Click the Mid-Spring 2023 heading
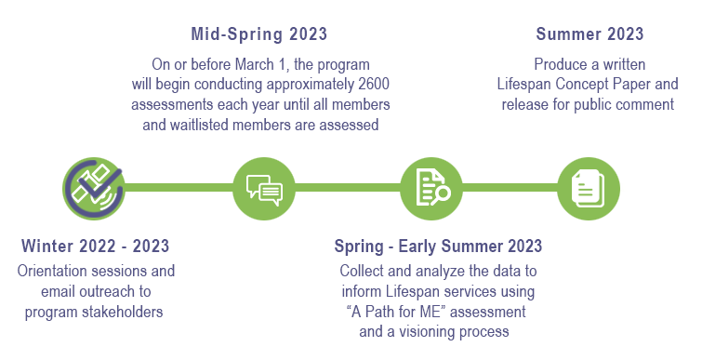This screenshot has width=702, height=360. point(258,34)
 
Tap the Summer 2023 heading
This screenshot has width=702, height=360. point(589,34)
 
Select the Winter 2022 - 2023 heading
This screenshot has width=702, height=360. point(95,246)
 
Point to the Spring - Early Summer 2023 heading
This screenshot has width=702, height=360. point(438,247)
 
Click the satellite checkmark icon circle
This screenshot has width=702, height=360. point(94,189)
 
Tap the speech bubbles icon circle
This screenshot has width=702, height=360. point(264,189)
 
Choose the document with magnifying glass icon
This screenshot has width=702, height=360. point(431,189)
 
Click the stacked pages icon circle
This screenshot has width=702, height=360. point(589,189)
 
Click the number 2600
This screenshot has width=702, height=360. point(374,84)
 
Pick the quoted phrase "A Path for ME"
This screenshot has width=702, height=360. point(396,312)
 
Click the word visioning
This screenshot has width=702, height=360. point(426,332)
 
